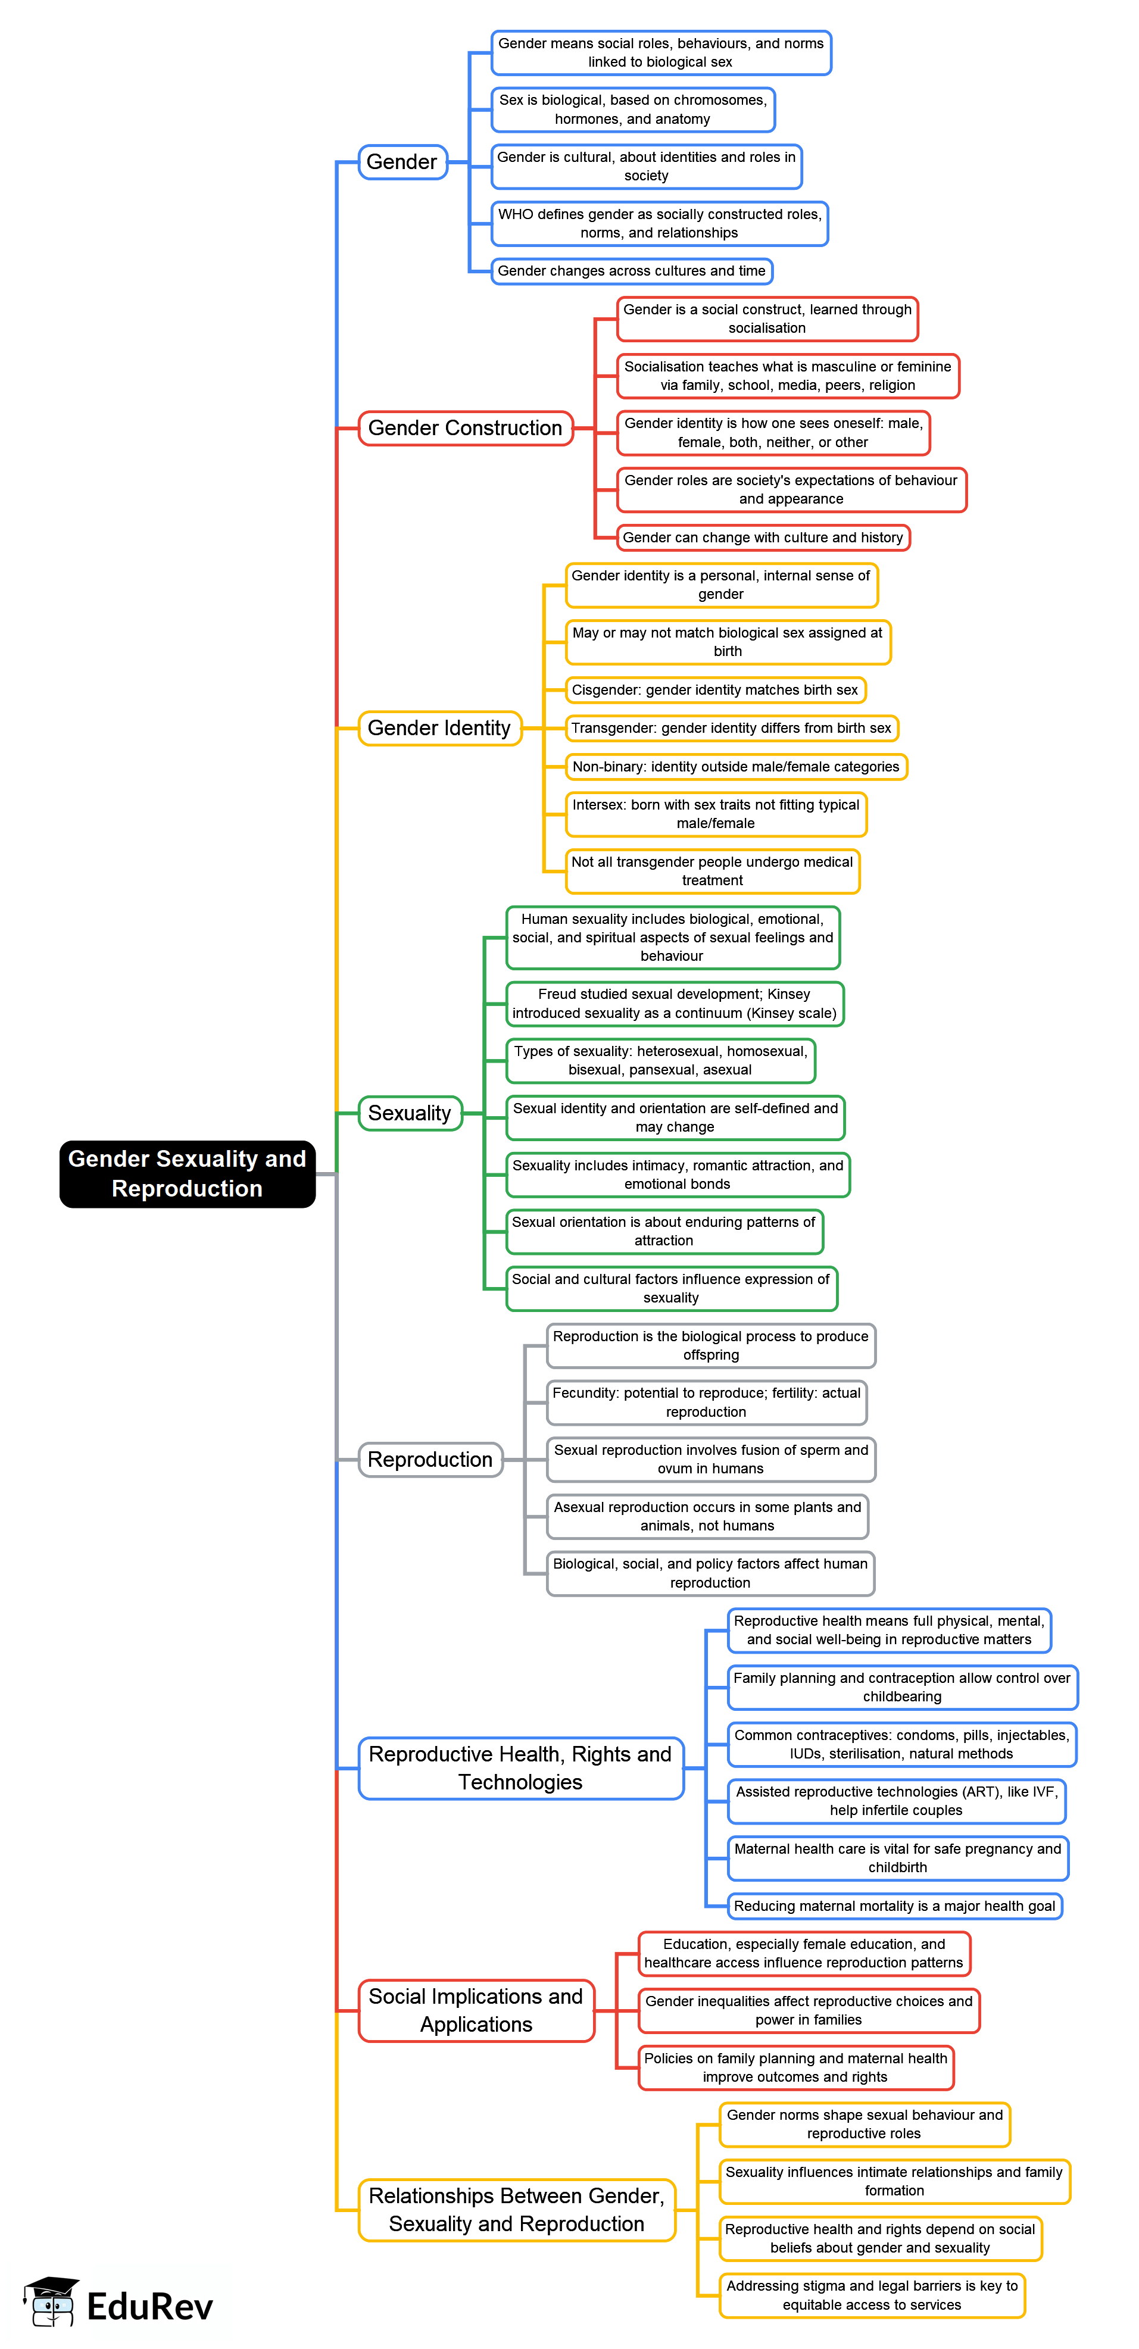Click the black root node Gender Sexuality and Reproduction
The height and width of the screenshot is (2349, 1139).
point(187,1173)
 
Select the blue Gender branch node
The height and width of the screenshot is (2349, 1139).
point(402,163)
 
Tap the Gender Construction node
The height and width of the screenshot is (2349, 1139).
point(464,427)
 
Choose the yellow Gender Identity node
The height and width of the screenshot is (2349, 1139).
point(439,727)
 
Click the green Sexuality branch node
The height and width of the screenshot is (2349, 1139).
point(410,1113)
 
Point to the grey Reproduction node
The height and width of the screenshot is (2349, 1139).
point(429,1459)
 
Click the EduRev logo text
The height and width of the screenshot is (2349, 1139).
point(149,2306)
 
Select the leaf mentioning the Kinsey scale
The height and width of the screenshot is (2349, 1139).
point(674,1003)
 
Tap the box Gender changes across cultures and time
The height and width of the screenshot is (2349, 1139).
point(631,271)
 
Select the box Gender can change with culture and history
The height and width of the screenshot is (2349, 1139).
point(762,537)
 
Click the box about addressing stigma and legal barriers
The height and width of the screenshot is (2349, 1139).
point(871,2294)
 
